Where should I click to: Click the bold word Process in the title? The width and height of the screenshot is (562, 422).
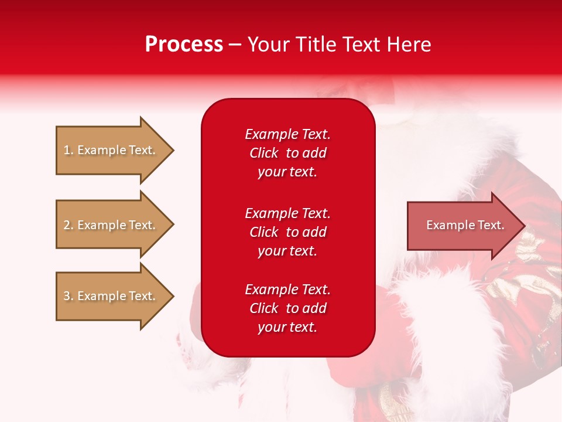point(184,44)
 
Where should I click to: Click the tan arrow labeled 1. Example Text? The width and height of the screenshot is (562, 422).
point(110,150)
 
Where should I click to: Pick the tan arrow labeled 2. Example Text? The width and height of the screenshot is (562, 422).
point(110,225)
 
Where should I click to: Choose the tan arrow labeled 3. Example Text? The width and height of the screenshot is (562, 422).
point(110,296)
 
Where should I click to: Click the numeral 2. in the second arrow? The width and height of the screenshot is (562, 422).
point(68,225)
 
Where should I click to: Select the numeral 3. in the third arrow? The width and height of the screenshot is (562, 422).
point(68,296)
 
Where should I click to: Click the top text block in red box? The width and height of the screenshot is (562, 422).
point(287,153)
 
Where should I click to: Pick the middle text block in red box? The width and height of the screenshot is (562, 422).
point(287,232)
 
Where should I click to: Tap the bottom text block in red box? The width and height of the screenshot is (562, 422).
point(287,308)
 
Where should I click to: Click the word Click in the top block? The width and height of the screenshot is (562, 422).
point(263,153)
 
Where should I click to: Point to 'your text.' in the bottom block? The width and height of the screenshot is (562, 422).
point(287,328)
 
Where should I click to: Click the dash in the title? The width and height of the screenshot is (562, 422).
point(235,45)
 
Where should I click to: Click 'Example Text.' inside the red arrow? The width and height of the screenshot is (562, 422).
point(465,225)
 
